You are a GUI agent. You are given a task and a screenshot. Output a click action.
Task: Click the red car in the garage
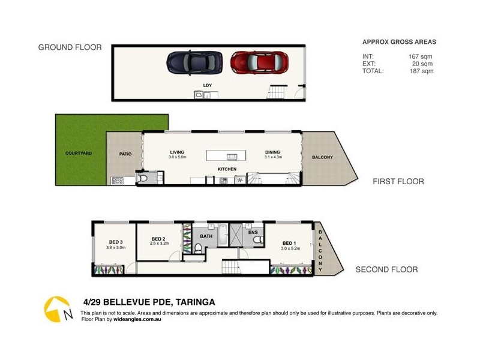click(x=259, y=62)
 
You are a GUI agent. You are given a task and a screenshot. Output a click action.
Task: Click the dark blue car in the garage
click(x=194, y=62)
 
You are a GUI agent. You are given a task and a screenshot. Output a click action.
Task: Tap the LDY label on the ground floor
click(x=208, y=85)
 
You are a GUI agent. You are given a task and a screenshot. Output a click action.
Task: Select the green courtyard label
click(x=79, y=153)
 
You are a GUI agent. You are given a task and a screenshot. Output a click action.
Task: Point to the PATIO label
click(x=125, y=154)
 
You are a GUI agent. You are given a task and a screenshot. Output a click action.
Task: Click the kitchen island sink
click(x=232, y=157)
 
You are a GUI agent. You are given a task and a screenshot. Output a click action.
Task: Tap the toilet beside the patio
click(x=142, y=178)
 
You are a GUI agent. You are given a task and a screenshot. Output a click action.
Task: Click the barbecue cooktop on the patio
click(x=118, y=181)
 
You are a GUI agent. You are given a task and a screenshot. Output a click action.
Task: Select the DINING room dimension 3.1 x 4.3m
click(x=273, y=157)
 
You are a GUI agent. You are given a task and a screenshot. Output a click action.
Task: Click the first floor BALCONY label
click(x=322, y=157)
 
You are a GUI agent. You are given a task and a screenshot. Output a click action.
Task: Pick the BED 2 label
click(x=158, y=239)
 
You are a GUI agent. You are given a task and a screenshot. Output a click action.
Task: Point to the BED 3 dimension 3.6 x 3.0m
click(x=116, y=248)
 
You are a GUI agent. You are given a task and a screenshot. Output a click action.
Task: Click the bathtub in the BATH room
click(x=223, y=235)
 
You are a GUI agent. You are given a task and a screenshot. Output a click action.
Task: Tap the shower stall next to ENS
click(x=236, y=235)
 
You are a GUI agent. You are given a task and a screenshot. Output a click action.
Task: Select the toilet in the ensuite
click(x=259, y=239)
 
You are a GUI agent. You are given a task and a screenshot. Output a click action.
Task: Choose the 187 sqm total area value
click(x=422, y=71)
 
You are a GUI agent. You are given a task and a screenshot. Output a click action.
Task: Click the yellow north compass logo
click(x=57, y=309)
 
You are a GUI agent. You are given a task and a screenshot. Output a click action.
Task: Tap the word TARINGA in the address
click(x=196, y=302)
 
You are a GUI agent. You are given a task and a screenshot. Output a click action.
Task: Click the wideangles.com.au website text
click(x=137, y=319)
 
